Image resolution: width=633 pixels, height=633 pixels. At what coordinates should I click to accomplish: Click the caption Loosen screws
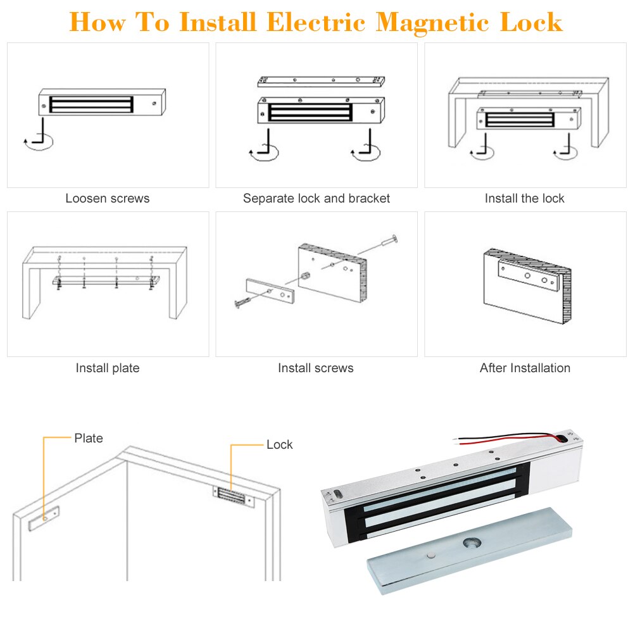(x=108, y=198)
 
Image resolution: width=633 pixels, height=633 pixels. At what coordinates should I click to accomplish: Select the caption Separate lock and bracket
(x=316, y=198)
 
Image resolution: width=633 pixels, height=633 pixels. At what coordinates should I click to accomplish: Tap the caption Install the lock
(x=525, y=198)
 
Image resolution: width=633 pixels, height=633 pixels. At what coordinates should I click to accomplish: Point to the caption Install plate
(x=108, y=368)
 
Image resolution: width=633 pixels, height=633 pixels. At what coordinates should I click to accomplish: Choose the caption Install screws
(x=316, y=368)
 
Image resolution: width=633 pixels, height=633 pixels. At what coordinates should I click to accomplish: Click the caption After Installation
(x=525, y=368)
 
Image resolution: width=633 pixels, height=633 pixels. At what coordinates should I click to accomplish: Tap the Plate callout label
(x=89, y=438)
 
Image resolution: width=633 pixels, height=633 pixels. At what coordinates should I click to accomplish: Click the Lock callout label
(x=279, y=444)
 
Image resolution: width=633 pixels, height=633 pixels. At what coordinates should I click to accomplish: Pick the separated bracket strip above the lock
(x=322, y=81)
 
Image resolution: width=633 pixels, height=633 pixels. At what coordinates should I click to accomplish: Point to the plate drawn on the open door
(x=44, y=517)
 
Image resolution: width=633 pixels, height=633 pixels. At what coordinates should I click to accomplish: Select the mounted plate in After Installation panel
(x=529, y=274)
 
